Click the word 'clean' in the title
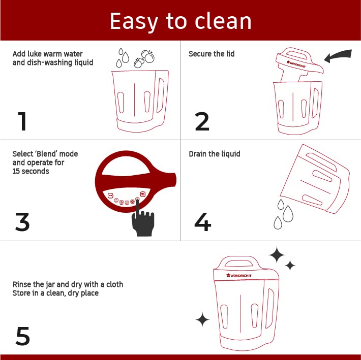click(223, 21)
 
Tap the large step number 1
click(22, 121)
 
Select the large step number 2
click(202, 121)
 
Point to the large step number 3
click(22, 221)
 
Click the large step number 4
click(202, 221)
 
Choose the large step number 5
click(23, 336)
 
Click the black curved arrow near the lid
click(338, 56)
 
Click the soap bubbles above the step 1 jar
click(144, 58)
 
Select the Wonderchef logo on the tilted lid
click(296, 64)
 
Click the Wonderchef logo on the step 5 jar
click(239, 275)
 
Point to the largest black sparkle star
click(277, 255)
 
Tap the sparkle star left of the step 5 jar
click(202, 319)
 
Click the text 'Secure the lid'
click(212, 54)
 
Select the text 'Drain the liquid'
click(215, 154)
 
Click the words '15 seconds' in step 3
click(31, 171)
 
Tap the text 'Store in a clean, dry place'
click(55, 293)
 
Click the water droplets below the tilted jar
click(283, 214)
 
